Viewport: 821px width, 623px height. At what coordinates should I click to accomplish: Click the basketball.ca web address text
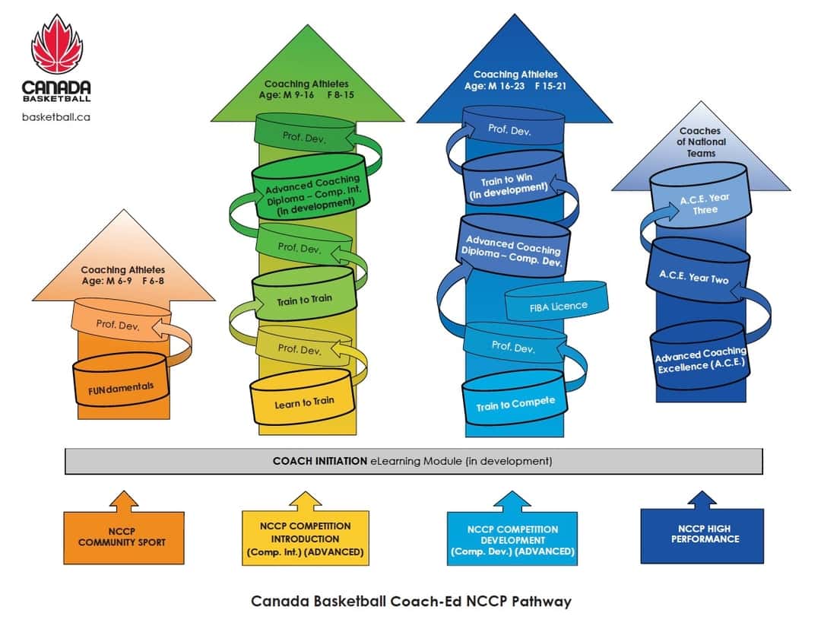pos(56,118)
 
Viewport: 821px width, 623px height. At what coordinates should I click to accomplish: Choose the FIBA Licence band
pos(558,306)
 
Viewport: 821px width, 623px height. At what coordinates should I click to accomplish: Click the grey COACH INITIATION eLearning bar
pos(413,461)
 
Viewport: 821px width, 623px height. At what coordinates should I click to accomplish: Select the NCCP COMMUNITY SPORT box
pos(123,536)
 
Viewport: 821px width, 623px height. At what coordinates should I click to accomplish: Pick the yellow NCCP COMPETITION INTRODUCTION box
pos(304,538)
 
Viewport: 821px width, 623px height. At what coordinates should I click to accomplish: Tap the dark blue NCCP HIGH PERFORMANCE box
pos(702,536)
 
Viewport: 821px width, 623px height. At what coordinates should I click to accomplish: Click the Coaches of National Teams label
pos(700,141)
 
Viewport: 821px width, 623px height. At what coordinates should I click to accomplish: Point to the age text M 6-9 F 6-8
pos(123,281)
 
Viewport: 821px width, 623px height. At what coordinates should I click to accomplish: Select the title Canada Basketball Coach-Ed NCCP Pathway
pos(410,601)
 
